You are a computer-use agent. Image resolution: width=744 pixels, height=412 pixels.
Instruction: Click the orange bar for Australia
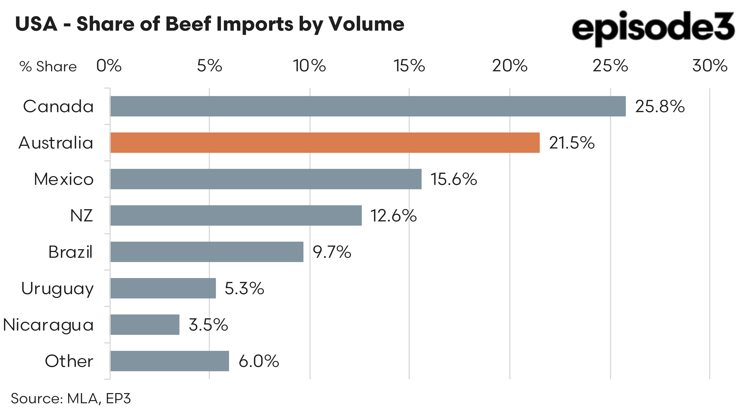(x=325, y=143)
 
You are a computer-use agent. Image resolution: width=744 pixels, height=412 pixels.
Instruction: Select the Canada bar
(x=368, y=106)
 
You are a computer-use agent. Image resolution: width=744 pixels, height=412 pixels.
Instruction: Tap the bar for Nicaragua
(x=145, y=325)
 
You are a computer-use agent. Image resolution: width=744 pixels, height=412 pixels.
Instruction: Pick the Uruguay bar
(x=163, y=288)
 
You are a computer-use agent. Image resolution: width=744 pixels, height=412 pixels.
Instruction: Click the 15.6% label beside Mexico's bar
(x=453, y=179)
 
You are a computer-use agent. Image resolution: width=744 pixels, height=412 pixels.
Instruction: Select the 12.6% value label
(x=393, y=216)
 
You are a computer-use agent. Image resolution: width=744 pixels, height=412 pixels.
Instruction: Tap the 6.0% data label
(x=259, y=361)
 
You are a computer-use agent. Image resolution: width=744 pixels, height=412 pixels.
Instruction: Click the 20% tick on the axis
(x=510, y=66)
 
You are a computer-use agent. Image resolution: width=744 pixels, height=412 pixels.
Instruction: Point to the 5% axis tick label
(x=209, y=66)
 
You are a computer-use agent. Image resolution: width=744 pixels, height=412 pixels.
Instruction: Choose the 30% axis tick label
(x=710, y=66)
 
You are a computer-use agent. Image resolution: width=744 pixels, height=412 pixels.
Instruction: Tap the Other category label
(x=69, y=361)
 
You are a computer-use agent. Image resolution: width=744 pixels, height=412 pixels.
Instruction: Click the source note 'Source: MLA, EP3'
(x=71, y=399)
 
